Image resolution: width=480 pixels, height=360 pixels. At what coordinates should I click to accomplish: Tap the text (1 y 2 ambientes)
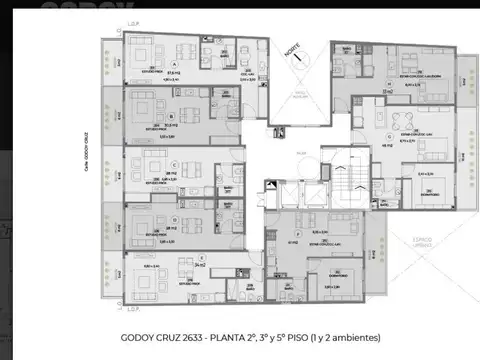[345, 337]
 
